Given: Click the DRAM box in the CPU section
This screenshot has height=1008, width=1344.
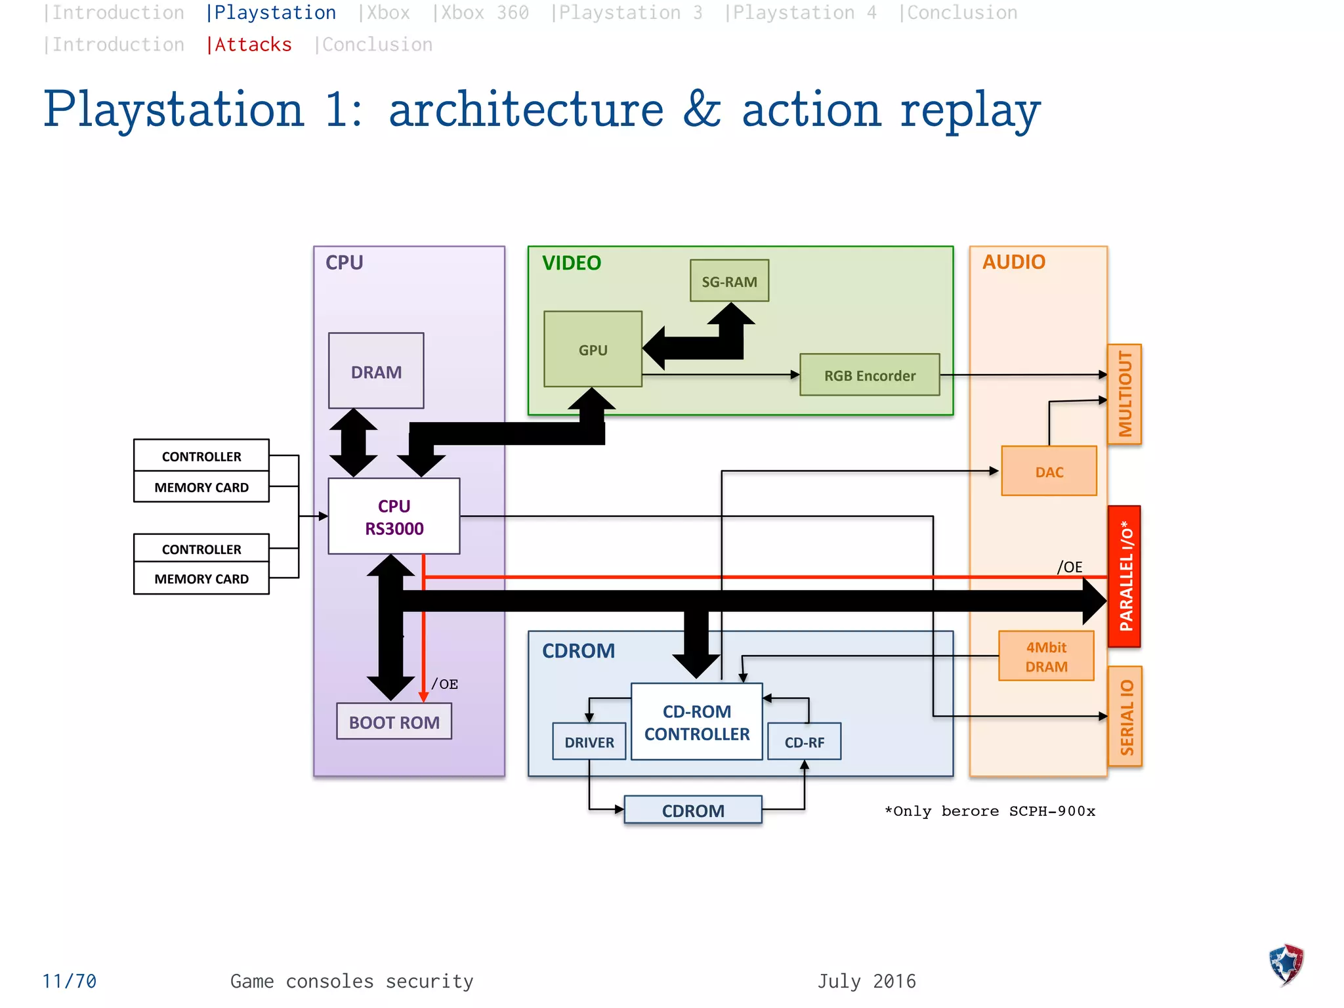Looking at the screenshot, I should tap(376, 371).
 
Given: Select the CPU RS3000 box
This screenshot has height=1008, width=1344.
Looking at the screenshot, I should tap(394, 516).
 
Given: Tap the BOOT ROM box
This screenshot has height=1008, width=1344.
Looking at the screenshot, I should tap(394, 722).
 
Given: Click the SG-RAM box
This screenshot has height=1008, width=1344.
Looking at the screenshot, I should tap(729, 281).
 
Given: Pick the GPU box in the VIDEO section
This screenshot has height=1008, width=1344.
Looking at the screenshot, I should tap(593, 349).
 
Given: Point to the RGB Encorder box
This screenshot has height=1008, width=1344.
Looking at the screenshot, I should tap(870, 375).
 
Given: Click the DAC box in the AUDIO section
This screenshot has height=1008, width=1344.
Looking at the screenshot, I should tap(1049, 471).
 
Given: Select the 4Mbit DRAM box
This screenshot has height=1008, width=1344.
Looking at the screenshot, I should tap(1046, 656).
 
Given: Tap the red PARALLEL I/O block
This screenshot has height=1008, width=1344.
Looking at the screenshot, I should tap(1125, 576).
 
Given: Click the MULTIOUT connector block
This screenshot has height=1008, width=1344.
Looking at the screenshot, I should tap(1125, 394).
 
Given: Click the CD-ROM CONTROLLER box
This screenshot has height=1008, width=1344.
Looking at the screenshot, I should tap(696, 722).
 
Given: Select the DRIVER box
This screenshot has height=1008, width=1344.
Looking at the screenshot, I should tap(589, 742).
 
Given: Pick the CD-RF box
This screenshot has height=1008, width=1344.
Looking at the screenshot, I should tap(804, 742).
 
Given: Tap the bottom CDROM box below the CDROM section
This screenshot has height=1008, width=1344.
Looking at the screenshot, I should tap(693, 810).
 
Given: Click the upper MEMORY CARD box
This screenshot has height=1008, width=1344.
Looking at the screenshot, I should tap(201, 487).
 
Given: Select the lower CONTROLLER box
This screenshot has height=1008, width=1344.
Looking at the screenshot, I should tap(201, 549).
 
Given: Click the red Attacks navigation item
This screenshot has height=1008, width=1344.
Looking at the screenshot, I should tap(252, 45).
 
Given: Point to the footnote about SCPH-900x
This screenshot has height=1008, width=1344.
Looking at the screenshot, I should tap(990, 811).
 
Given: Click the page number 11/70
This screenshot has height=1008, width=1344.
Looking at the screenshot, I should tap(70, 981).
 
